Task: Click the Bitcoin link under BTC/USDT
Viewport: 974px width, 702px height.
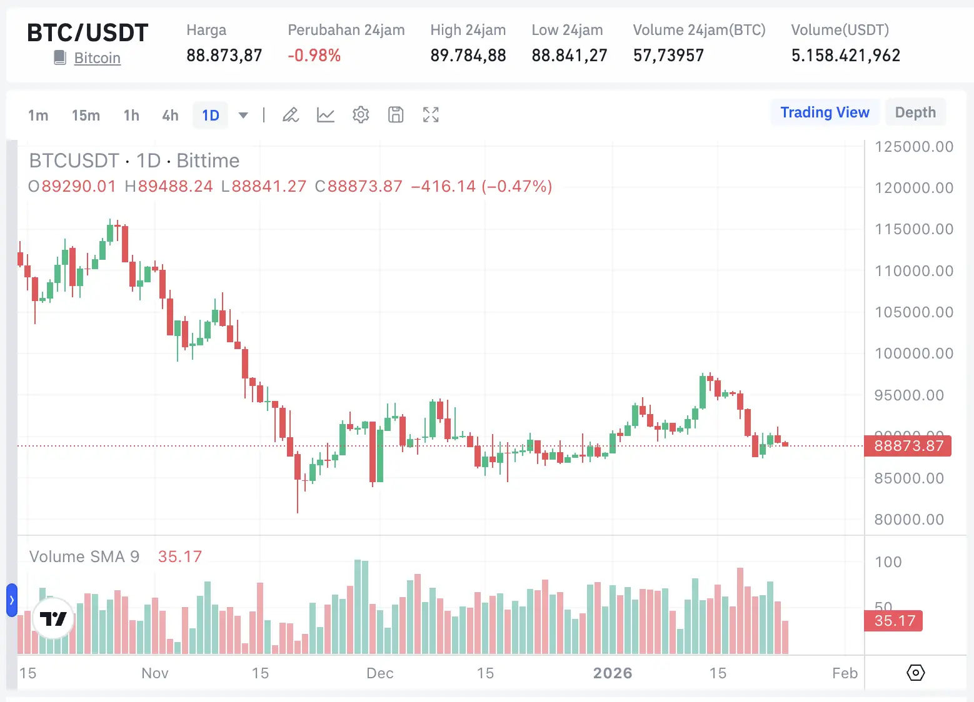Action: pyautogui.click(x=97, y=58)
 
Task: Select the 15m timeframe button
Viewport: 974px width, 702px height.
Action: pyautogui.click(x=86, y=116)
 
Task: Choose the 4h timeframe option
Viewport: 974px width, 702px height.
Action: pyautogui.click(x=170, y=116)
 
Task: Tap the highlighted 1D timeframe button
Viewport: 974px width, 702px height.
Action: pyautogui.click(x=211, y=116)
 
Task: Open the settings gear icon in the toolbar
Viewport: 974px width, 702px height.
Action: pyautogui.click(x=361, y=115)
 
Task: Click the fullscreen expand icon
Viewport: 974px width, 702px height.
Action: pyautogui.click(x=431, y=115)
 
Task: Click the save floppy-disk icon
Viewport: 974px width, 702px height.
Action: pyautogui.click(x=396, y=115)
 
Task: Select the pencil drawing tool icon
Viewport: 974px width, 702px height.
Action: pyautogui.click(x=291, y=115)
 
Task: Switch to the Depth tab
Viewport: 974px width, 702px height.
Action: pyautogui.click(x=915, y=112)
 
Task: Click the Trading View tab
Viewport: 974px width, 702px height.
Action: pyautogui.click(x=825, y=112)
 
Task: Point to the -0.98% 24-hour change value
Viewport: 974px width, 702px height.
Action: pyautogui.click(x=314, y=56)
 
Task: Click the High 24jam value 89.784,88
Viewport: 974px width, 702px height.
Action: pyautogui.click(x=468, y=56)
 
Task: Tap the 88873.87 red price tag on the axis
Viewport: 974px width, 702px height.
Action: pyautogui.click(x=908, y=446)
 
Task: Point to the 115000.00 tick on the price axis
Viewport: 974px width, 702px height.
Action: pyautogui.click(x=913, y=229)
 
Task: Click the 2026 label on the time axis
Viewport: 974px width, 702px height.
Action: pyautogui.click(x=613, y=673)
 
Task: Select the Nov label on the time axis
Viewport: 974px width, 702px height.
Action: pyautogui.click(x=154, y=673)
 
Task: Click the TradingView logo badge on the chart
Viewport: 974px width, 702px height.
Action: pyautogui.click(x=53, y=618)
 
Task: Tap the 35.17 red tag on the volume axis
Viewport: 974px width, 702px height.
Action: pyautogui.click(x=894, y=621)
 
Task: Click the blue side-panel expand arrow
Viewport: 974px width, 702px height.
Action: pyautogui.click(x=11, y=600)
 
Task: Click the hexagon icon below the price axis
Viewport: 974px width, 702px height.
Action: pyautogui.click(x=915, y=673)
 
